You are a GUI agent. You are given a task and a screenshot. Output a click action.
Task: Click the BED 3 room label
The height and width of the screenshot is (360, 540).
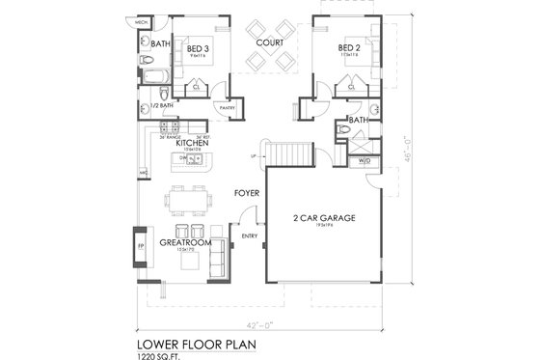coord(200,47)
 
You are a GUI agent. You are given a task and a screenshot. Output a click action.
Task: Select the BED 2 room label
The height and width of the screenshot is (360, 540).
coord(350,47)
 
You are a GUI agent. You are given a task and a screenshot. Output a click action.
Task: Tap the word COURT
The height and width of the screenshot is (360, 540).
coord(269,43)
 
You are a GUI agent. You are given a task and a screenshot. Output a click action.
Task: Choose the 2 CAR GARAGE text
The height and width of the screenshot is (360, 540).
coord(324,219)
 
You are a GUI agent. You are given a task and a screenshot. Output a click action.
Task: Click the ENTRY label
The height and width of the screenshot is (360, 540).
coord(249,235)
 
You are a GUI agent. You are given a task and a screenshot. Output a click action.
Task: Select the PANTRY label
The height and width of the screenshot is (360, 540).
coord(228,108)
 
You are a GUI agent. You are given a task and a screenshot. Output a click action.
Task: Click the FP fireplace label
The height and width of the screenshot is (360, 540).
coord(137,246)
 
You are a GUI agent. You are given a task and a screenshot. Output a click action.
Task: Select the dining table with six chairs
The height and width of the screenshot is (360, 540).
coord(187,201)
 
